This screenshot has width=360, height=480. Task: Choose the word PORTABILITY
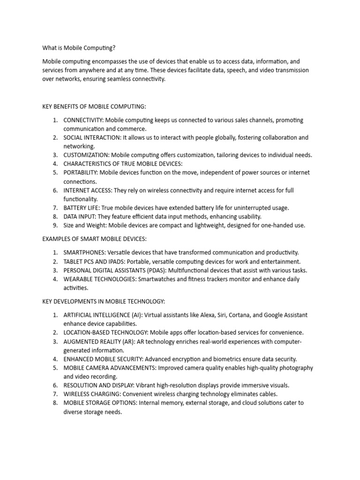pos(81,172)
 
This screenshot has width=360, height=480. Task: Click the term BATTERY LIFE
pos(81,208)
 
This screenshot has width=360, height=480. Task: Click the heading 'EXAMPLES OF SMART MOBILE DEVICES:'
pos(95,239)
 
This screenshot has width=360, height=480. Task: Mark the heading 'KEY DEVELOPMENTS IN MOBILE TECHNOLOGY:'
pos(104,301)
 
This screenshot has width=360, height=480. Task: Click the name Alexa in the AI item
pos(212,315)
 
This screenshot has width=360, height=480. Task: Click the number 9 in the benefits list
pos(54,225)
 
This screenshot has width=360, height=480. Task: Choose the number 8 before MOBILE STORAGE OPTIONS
pos(54,403)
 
